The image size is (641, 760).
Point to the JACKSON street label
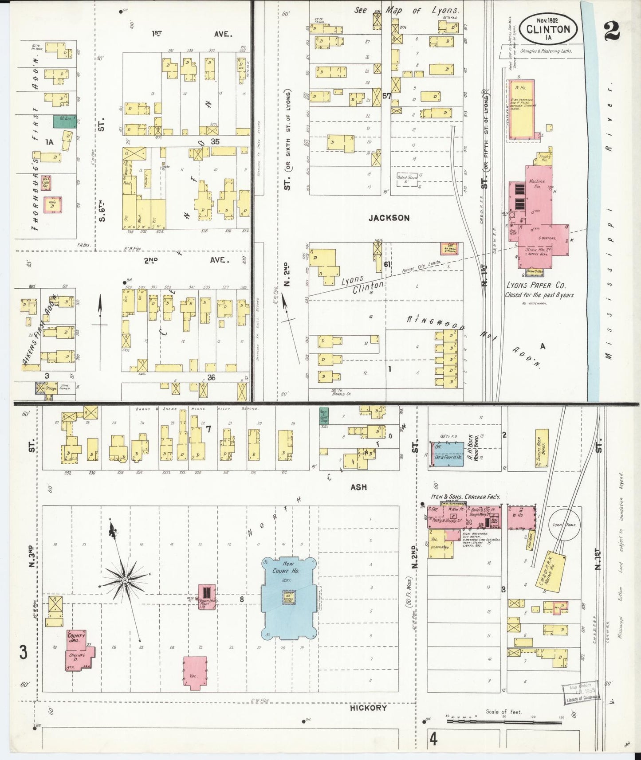(x=388, y=218)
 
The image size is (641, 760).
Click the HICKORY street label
(x=368, y=708)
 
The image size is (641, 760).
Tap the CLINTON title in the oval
(x=548, y=30)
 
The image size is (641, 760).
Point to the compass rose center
(x=125, y=580)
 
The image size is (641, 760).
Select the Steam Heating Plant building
(x=207, y=596)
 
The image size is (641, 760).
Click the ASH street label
(x=358, y=487)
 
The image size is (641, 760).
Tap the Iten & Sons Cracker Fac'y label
(x=465, y=497)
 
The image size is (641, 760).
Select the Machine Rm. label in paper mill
(x=537, y=184)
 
